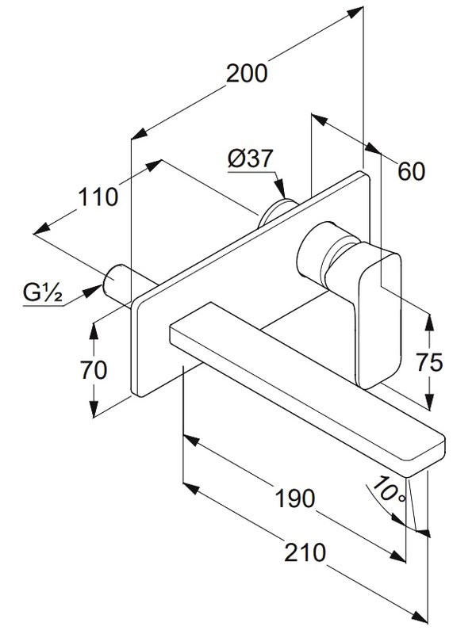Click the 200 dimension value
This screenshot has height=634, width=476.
click(247, 74)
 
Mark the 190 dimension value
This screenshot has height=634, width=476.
click(294, 498)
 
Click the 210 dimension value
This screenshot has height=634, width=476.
click(305, 552)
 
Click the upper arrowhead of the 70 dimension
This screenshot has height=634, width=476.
click(95, 325)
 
